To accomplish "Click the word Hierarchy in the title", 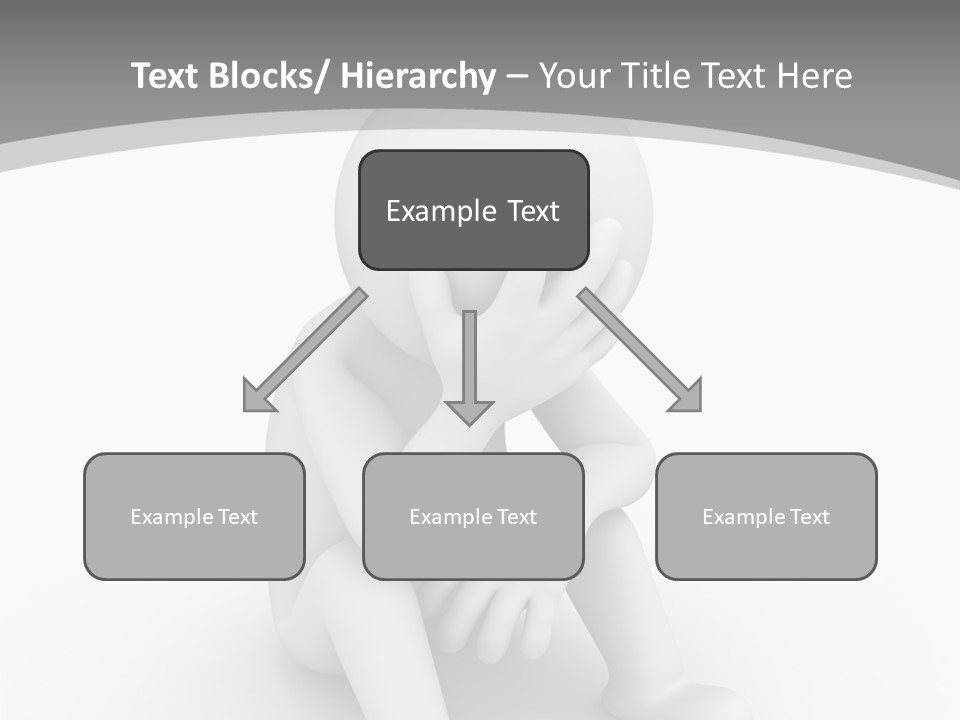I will tap(417, 77).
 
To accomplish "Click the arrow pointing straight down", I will tap(469, 360).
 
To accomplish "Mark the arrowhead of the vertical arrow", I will tap(469, 411).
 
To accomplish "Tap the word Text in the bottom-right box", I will tap(808, 517).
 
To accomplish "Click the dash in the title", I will tap(517, 77).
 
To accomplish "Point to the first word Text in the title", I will tap(167, 77).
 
